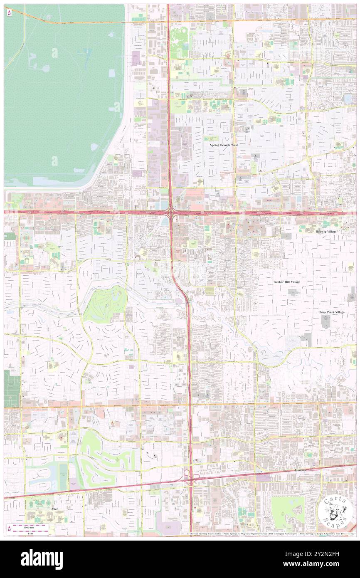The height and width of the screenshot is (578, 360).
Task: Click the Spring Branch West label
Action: (223, 145)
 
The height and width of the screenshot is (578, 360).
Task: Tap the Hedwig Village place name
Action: (326, 231)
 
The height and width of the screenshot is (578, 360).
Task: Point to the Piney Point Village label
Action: (331, 312)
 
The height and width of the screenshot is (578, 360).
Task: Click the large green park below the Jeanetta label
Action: (287, 509)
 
